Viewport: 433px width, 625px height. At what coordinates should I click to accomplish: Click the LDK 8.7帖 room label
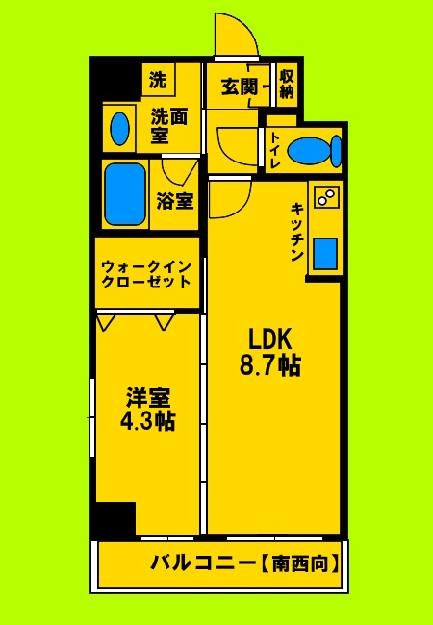click(x=275, y=352)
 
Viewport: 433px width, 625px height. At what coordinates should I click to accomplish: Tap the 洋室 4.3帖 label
click(x=146, y=409)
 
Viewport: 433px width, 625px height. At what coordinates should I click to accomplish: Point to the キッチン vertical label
click(x=298, y=232)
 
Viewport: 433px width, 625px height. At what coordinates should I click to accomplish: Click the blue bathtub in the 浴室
click(x=124, y=196)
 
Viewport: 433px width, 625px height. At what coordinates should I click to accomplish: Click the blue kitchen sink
click(x=325, y=251)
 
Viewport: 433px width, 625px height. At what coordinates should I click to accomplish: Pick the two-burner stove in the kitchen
click(x=325, y=197)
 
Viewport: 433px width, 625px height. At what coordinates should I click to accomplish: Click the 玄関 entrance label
click(x=239, y=86)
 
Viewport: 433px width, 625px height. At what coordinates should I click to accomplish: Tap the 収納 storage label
click(x=286, y=85)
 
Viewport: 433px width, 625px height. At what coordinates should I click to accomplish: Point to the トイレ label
click(x=275, y=149)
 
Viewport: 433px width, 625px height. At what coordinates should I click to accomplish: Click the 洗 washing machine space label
click(x=158, y=80)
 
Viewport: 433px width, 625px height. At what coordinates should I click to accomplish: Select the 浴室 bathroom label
click(x=174, y=202)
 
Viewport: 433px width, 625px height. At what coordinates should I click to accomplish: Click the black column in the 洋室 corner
click(x=116, y=519)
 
